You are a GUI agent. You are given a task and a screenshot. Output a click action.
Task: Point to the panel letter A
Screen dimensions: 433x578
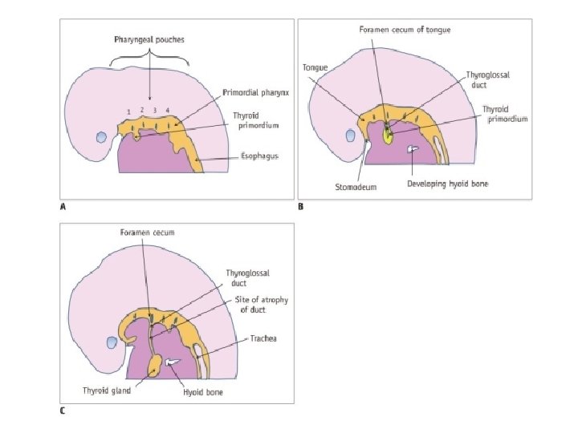tap(63, 207)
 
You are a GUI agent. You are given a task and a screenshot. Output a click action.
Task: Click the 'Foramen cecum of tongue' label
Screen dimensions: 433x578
tap(404, 30)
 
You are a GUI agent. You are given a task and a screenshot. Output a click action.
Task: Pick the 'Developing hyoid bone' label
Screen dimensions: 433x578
tap(447, 184)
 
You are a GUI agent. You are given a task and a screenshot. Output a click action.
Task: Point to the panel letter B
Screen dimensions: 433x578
tap(301, 207)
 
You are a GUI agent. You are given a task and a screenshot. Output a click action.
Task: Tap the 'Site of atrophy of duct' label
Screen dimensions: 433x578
tap(262, 304)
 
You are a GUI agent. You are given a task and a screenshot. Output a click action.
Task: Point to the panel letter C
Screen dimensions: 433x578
tap(63, 411)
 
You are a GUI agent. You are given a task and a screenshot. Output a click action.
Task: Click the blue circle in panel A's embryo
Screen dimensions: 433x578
tap(100, 137)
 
